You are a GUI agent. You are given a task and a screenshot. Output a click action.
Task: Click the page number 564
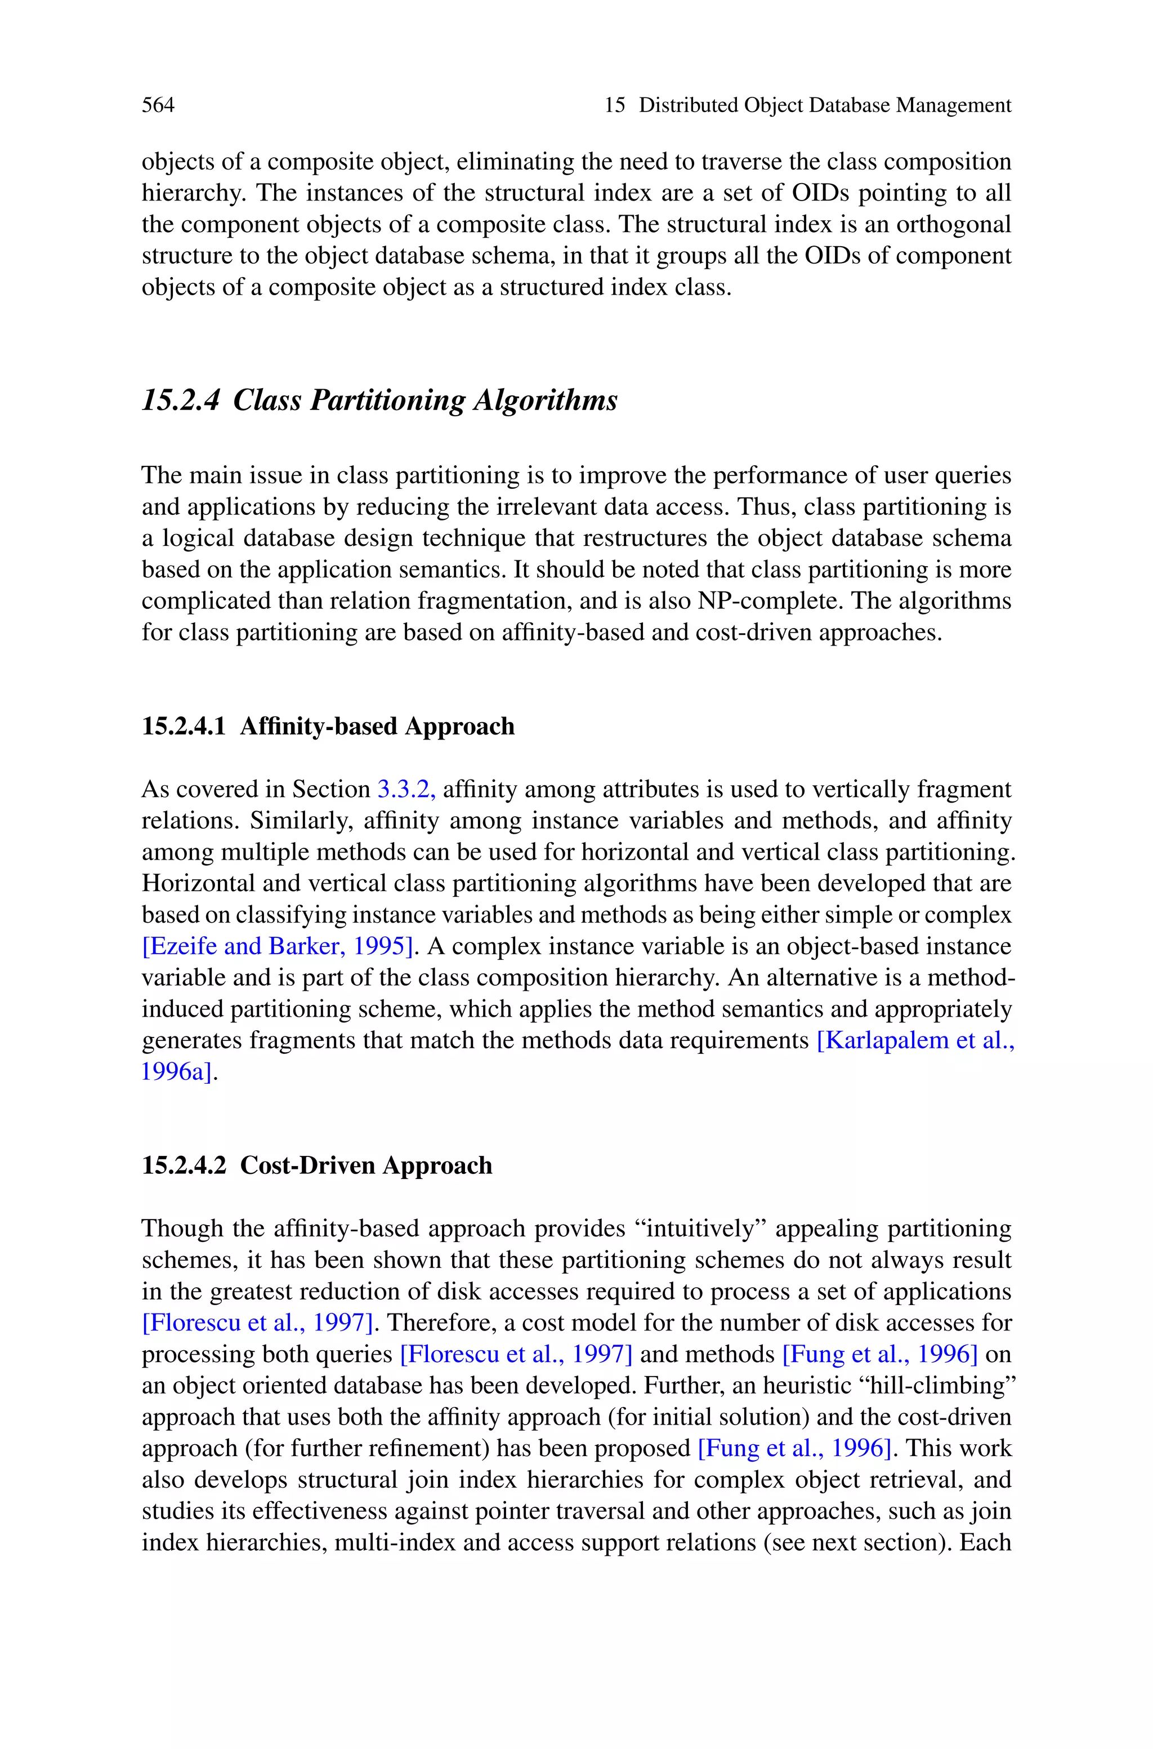(158, 105)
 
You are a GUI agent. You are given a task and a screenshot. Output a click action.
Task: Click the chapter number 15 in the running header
(614, 105)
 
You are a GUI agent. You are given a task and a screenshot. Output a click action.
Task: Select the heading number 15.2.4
(180, 401)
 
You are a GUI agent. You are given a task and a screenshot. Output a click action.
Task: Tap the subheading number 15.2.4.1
(183, 727)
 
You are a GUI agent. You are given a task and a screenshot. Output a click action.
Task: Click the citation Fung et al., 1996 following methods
(879, 1354)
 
